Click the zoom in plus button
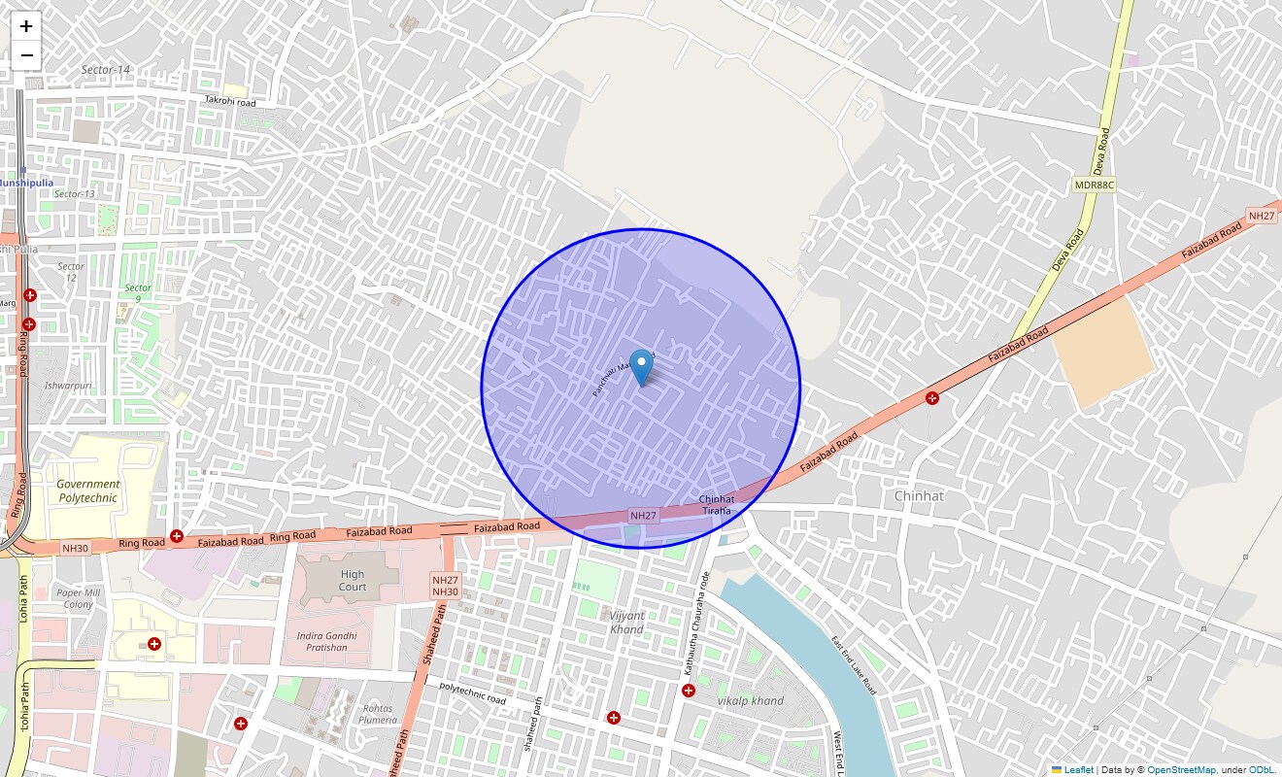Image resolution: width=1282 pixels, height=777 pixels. (26, 27)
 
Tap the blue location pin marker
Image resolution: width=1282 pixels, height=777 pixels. (641, 368)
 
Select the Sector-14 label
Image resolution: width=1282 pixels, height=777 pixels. (106, 70)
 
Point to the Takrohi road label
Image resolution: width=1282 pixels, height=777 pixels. (230, 102)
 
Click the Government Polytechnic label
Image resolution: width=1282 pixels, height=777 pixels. (87, 490)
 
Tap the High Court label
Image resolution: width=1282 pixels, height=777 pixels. (353, 580)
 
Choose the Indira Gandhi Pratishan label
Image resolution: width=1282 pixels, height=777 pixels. (327, 642)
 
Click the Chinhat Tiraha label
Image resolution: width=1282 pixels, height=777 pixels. (717, 505)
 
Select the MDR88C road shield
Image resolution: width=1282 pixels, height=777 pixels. (1094, 185)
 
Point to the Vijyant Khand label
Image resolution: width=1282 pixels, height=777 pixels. (626, 623)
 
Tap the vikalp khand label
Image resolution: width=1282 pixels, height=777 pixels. (750, 701)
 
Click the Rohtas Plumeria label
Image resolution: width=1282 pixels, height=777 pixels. (377, 714)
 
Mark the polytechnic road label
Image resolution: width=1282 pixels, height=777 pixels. (473, 693)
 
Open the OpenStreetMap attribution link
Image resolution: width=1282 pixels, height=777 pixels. (1181, 770)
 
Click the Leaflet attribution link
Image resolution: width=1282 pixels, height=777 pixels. (1079, 770)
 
